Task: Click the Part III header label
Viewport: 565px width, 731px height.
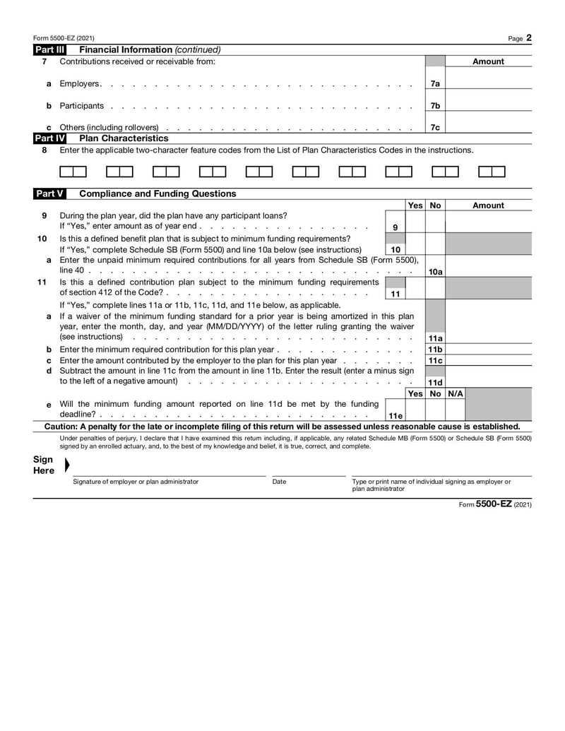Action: click(50, 49)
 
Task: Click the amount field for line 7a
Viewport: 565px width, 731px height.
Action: click(489, 83)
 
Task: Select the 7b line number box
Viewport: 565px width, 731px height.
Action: click(435, 105)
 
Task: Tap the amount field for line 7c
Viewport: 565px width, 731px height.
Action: click(489, 127)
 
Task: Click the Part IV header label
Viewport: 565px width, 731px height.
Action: click(50, 138)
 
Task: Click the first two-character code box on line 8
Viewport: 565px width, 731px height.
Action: click(73, 172)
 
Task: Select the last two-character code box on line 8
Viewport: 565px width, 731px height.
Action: click(492, 172)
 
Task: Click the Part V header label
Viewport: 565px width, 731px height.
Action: click(50, 194)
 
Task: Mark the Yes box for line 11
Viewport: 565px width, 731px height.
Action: click(415, 287)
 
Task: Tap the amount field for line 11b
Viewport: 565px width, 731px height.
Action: click(489, 350)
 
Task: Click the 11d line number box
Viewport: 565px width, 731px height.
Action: click(435, 382)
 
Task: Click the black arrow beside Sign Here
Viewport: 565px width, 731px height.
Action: click(67, 465)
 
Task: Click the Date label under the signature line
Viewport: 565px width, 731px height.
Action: click(280, 482)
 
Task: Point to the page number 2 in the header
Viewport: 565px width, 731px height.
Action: click(528, 37)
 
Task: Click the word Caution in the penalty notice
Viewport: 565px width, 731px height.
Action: click(60, 427)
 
